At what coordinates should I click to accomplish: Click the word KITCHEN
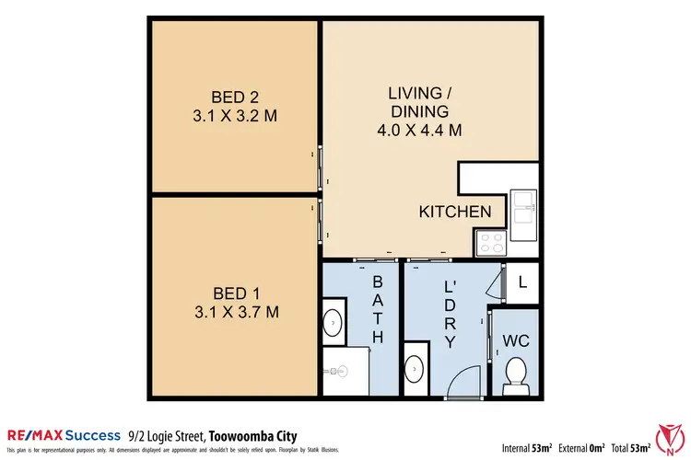pyautogui.click(x=455, y=212)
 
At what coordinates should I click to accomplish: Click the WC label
pyautogui.click(x=516, y=340)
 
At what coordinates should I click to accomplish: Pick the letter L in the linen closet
pyautogui.click(x=522, y=282)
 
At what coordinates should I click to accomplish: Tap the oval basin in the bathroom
pyautogui.click(x=332, y=323)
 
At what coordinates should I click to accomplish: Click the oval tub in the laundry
pyautogui.click(x=416, y=368)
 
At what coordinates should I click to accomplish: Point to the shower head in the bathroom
pyautogui.click(x=340, y=369)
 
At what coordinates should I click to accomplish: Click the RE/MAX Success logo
pyautogui.click(x=64, y=435)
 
